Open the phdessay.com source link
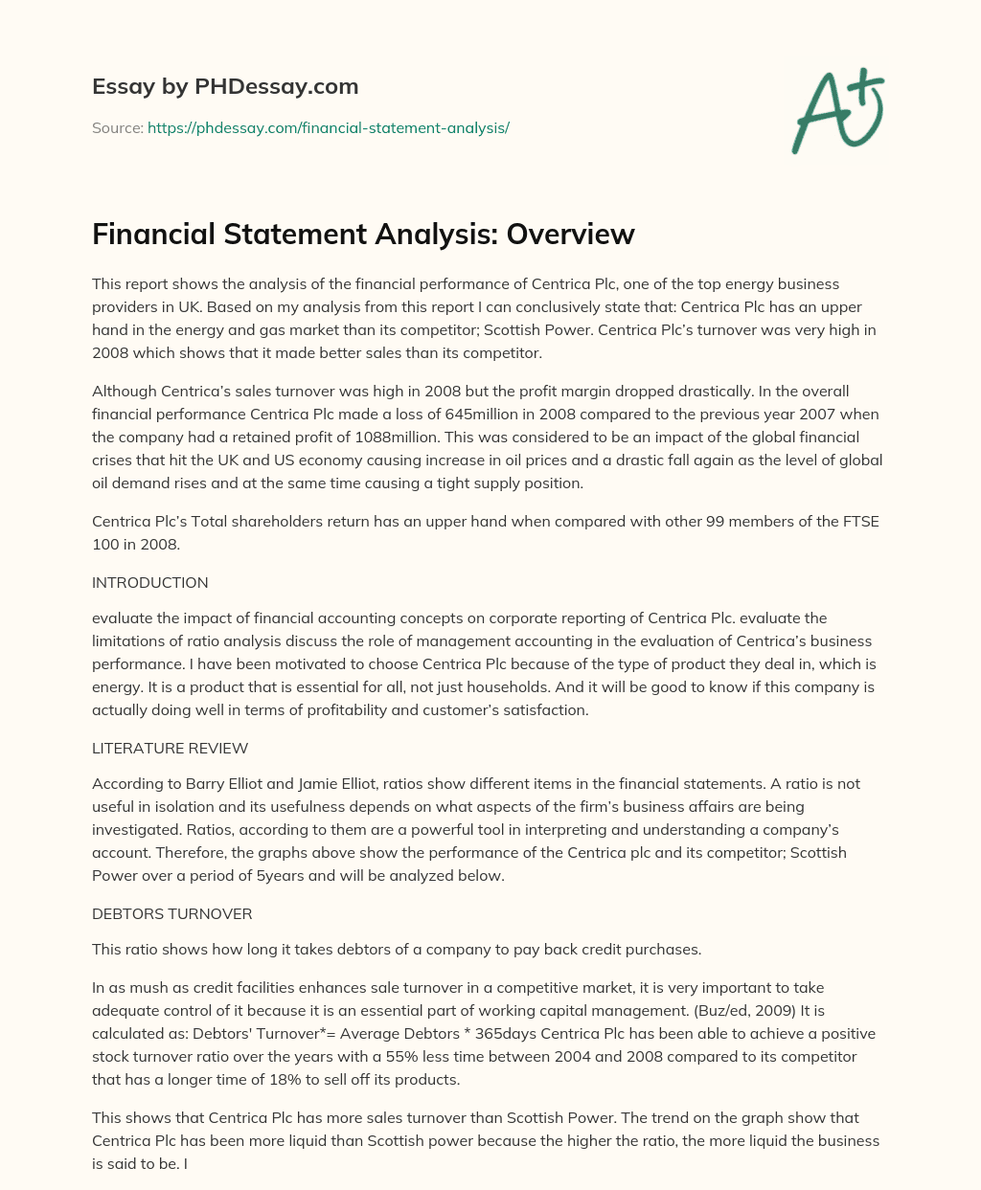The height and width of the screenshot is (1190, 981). (x=328, y=127)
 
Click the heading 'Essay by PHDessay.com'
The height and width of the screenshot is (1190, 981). (x=225, y=87)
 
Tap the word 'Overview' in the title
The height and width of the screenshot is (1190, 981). (x=571, y=234)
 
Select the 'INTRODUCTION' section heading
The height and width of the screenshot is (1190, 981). (x=149, y=582)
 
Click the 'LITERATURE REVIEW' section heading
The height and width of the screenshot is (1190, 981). (x=170, y=748)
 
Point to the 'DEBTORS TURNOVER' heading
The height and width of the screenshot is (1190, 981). (x=171, y=913)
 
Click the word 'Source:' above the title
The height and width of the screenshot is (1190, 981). (x=117, y=127)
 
